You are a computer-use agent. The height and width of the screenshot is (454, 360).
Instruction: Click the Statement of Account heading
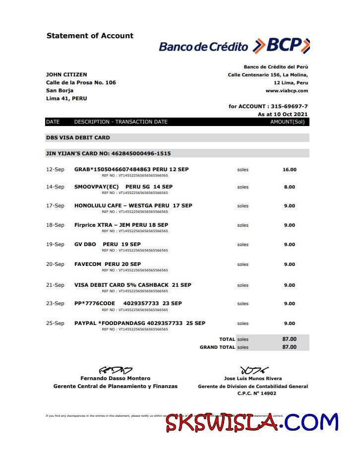[x=90, y=36]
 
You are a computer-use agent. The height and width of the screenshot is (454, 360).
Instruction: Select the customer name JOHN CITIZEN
[x=66, y=74]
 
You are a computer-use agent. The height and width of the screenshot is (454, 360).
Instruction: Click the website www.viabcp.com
[x=287, y=91]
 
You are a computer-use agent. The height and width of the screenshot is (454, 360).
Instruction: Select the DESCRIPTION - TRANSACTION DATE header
[x=121, y=122]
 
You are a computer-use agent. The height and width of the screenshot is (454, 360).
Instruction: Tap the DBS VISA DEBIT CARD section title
[x=78, y=137]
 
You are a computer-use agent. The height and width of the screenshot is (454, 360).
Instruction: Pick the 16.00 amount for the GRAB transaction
[x=290, y=170]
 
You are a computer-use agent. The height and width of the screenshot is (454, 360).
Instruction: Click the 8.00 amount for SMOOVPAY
[x=290, y=187]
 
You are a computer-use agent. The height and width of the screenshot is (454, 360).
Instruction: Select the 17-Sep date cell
[x=55, y=205]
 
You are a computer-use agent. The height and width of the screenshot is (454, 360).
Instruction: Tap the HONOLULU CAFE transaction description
[x=133, y=205]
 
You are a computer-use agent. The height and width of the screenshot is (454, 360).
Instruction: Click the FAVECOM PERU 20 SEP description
[x=108, y=264]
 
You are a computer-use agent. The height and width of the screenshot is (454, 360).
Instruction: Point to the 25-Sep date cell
[x=55, y=323]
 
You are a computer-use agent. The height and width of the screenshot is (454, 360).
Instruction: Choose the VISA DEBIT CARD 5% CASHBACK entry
[x=132, y=285]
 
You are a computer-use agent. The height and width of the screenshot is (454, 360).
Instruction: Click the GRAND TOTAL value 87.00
[x=290, y=347]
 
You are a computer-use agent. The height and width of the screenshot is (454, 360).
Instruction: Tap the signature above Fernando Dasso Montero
[x=116, y=370]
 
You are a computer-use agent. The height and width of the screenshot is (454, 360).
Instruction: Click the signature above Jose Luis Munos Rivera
[x=253, y=370]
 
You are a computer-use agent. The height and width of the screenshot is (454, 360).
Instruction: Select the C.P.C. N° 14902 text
[x=253, y=393]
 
